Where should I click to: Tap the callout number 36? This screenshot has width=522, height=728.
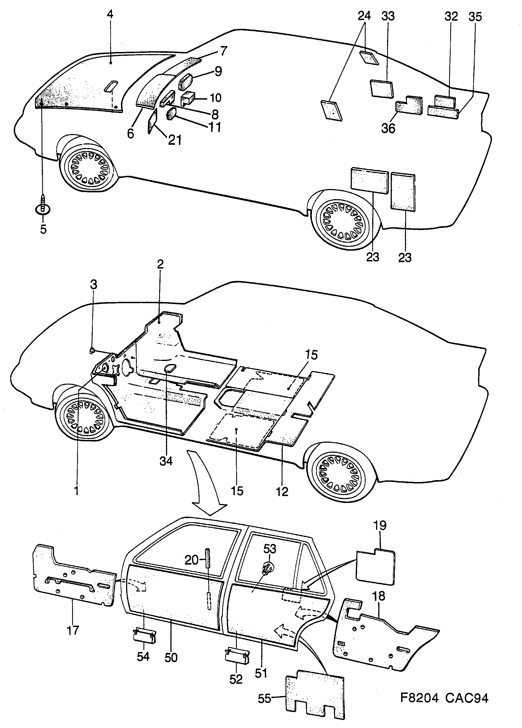388,128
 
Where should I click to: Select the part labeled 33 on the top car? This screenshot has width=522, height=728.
382,88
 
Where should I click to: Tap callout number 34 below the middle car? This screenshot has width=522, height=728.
166,461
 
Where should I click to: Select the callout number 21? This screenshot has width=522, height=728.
175,140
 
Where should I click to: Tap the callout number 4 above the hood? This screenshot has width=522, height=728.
110,14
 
